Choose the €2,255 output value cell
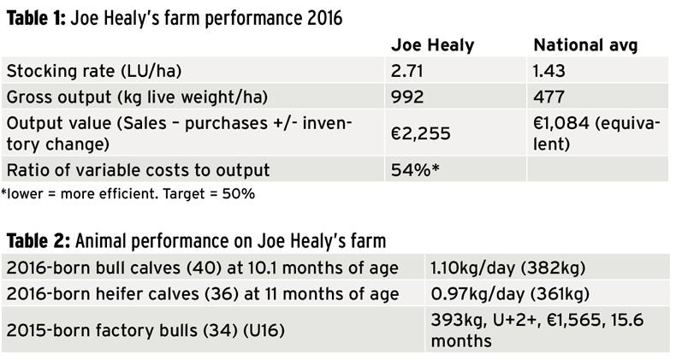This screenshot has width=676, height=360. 417,133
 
